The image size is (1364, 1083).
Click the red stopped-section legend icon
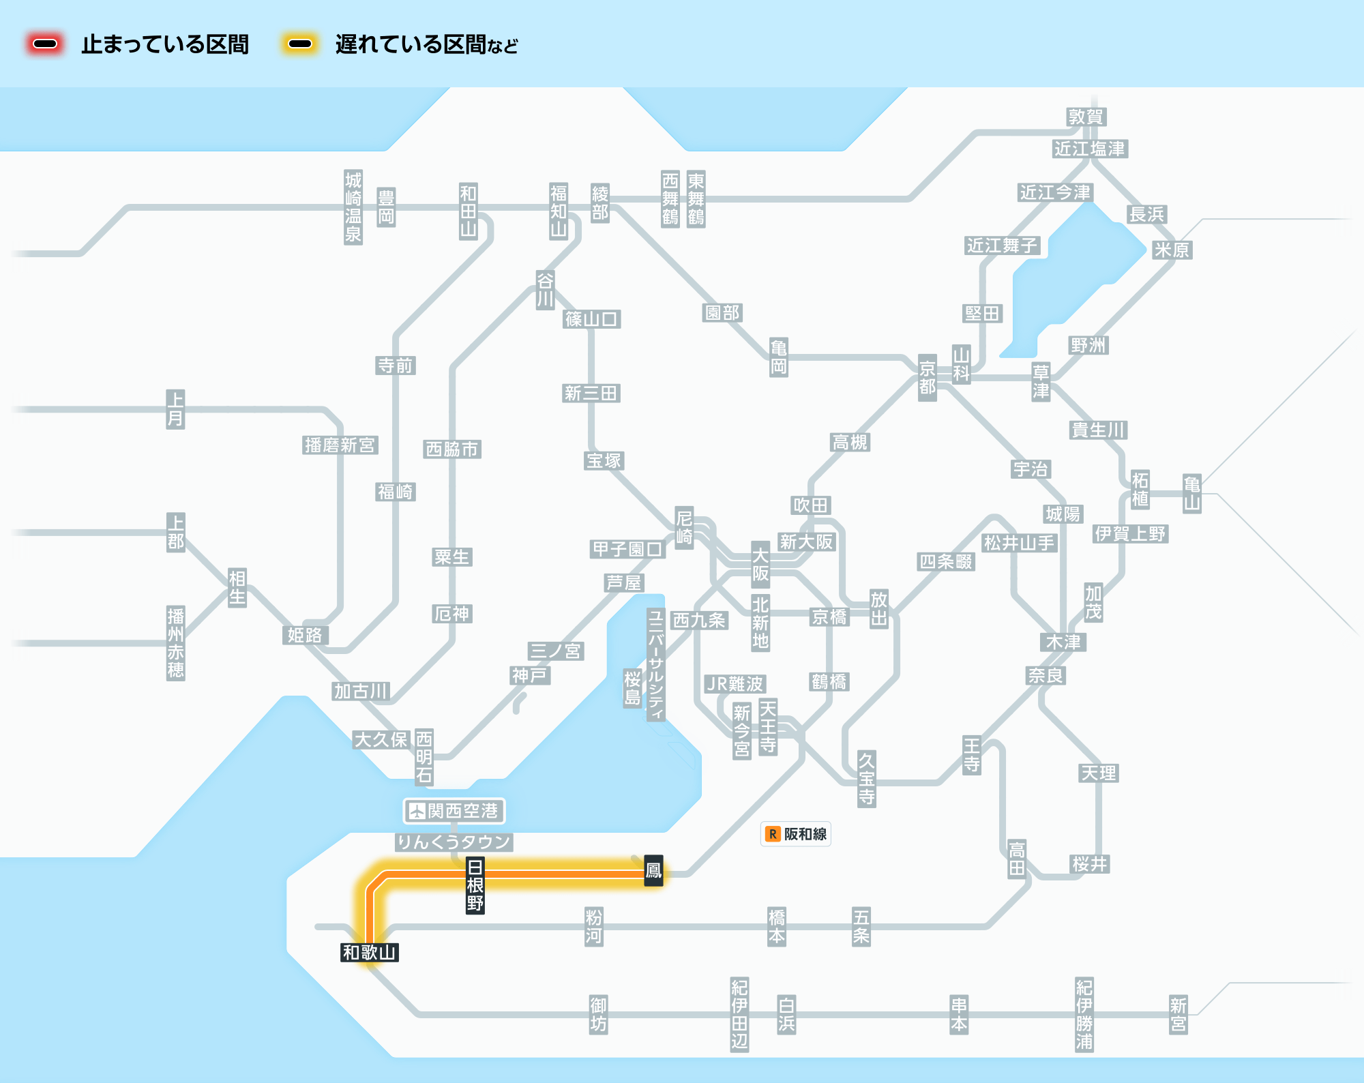pyautogui.click(x=45, y=44)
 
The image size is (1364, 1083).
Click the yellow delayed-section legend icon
pyautogui.click(x=300, y=44)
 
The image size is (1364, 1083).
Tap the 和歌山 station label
pyautogui.click(x=370, y=952)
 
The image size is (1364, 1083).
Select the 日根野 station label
pyautogui.click(x=475, y=885)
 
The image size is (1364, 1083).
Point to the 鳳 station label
pyautogui.click(x=653, y=870)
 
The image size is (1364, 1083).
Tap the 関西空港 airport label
pyautogui.click(x=454, y=811)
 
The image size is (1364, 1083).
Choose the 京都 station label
pyautogui.click(x=928, y=378)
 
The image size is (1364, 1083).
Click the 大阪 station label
pyautogui.click(x=760, y=565)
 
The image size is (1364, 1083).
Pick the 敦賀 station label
pyautogui.click(x=1086, y=117)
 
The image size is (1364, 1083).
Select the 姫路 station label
pyautogui.click(x=305, y=635)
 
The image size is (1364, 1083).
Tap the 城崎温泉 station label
pyautogui.click(x=353, y=207)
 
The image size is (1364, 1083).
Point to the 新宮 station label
pyautogui.click(x=1178, y=1014)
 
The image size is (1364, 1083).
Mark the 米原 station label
pyautogui.click(x=1172, y=250)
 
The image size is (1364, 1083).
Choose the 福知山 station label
pyautogui.click(x=559, y=211)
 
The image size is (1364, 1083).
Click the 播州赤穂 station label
pyautogui.click(x=176, y=643)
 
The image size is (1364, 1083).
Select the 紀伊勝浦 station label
pyautogui.click(x=1084, y=1014)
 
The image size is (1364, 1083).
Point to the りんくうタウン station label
pyautogui.click(x=454, y=842)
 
